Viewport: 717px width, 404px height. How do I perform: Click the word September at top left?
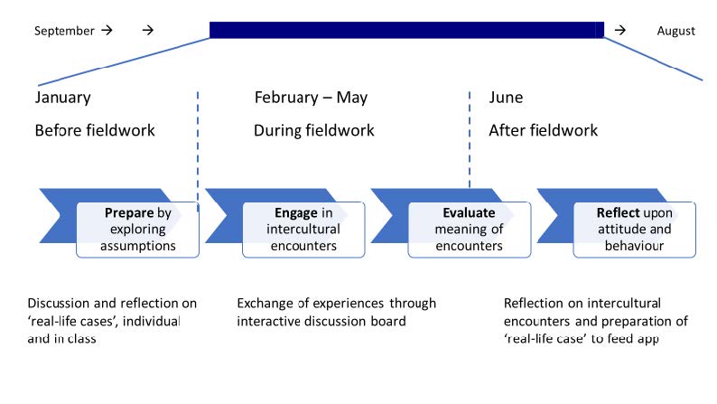(64, 31)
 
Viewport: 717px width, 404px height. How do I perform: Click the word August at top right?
(675, 31)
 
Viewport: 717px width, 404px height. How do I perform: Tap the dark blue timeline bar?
(406, 30)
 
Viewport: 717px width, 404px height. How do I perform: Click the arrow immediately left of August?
(619, 30)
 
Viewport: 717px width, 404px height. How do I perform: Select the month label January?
(62, 98)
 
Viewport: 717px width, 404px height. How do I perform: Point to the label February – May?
(311, 98)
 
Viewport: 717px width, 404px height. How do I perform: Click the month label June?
(506, 98)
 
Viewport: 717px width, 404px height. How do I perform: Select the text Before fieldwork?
(95, 130)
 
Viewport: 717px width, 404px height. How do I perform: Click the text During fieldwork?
(314, 130)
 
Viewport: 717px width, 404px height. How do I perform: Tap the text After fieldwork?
(544, 130)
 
